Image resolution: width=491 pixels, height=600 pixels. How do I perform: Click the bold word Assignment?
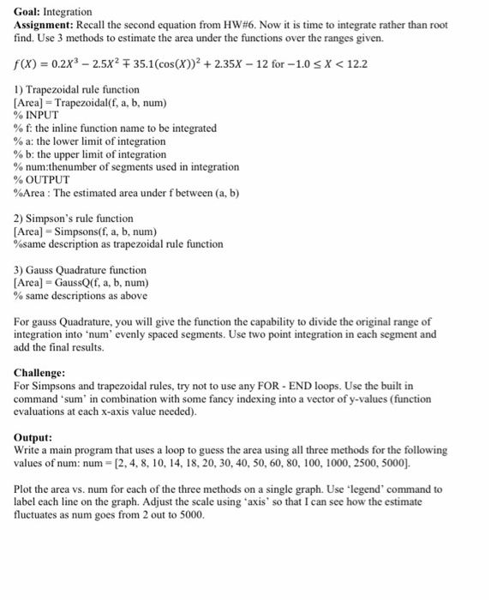46,25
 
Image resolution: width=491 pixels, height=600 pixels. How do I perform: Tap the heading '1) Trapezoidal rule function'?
77,89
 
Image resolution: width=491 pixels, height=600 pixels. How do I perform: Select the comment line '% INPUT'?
36,115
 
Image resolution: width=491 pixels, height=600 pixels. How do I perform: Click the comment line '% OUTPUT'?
40,179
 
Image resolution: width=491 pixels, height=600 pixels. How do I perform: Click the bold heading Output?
34,437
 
